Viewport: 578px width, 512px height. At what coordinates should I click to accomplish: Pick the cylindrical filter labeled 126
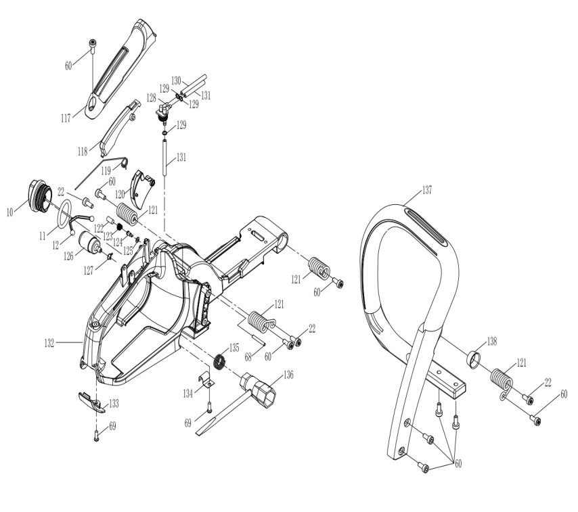[x=89, y=242]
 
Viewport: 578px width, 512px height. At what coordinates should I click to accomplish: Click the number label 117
[x=66, y=118]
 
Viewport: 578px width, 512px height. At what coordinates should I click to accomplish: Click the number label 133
[x=114, y=404]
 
